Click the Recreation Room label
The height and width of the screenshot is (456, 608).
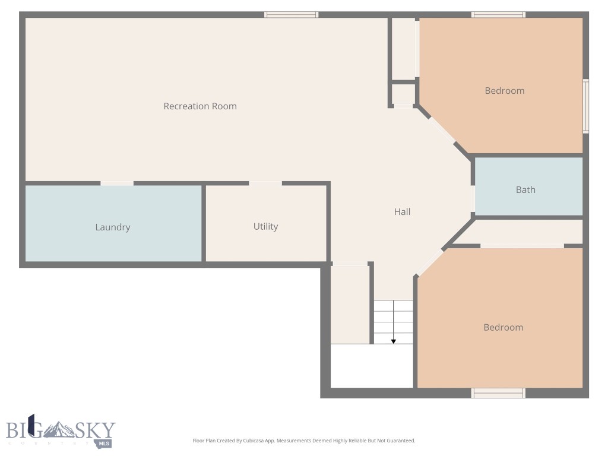[200, 106]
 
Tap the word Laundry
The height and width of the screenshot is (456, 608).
[113, 227]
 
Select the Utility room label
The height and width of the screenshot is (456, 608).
[265, 226]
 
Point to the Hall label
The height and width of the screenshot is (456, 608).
[402, 211]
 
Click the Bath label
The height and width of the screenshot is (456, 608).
[525, 190]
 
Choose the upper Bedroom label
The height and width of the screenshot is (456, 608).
[505, 91]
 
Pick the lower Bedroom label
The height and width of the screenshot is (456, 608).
[503, 327]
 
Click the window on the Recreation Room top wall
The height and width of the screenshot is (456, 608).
[291, 15]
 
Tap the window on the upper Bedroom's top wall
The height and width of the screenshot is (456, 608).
[498, 15]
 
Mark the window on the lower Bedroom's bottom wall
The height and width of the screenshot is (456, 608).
[498, 392]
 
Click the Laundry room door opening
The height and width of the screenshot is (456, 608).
[117, 183]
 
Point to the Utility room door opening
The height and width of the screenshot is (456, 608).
[265, 183]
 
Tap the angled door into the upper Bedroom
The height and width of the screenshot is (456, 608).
[442, 130]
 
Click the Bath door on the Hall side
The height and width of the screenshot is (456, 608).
[473, 199]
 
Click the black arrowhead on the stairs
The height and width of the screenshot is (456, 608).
[393, 341]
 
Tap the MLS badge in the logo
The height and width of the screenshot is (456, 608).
[105, 443]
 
